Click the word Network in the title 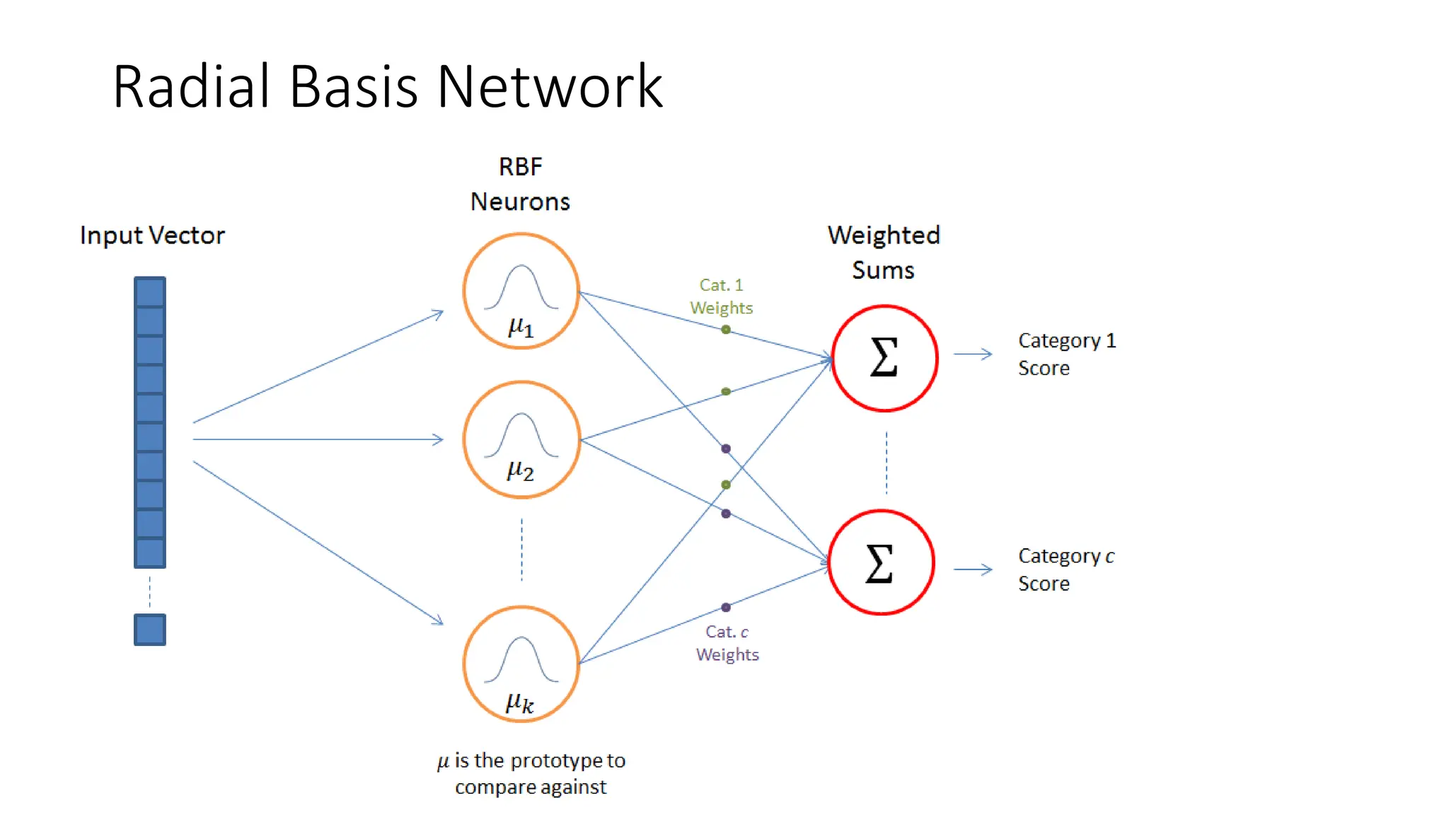pyautogui.click(x=550, y=86)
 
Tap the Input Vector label pyautogui.click(x=152, y=236)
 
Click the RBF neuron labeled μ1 pyautogui.click(x=521, y=291)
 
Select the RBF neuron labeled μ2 pyautogui.click(x=521, y=439)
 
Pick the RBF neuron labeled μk pyautogui.click(x=521, y=664)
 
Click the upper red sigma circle pyautogui.click(x=884, y=358)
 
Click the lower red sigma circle pyautogui.click(x=881, y=562)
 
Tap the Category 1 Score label pyautogui.click(x=1066, y=354)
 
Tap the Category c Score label pyautogui.click(x=1065, y=570)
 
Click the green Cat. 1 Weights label pyautogui.click(x=721, y=296)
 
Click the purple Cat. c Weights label pyautogui.click(x=727, y=643)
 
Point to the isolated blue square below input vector pyautogui.click(x=150, y=629)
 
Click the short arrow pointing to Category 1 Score pyautogui.click(x=973, y=354)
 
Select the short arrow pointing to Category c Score pyautogui.click(x=973, y=570)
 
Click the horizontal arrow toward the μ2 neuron pyautogui.click(x=318, y=439)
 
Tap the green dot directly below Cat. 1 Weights pyautogui.click(x=726, y=330)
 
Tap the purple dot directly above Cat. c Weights pyautogui.click(x=726, y=607)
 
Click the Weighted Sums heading pyautogui.click(x=884, y=253)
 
